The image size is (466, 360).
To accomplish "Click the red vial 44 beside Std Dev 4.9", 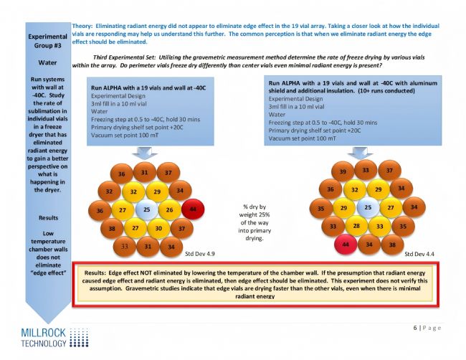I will pos(191,210).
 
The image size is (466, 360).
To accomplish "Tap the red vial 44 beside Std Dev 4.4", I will pos(346,245).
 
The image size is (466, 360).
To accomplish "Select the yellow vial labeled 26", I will pos(168,210).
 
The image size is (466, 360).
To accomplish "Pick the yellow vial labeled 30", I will pos(157,228).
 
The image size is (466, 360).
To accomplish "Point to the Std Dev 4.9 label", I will pos(199,253).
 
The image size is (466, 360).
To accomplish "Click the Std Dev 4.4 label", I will pos(418,253).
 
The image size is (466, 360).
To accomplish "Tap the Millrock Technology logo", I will pos(44,338).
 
